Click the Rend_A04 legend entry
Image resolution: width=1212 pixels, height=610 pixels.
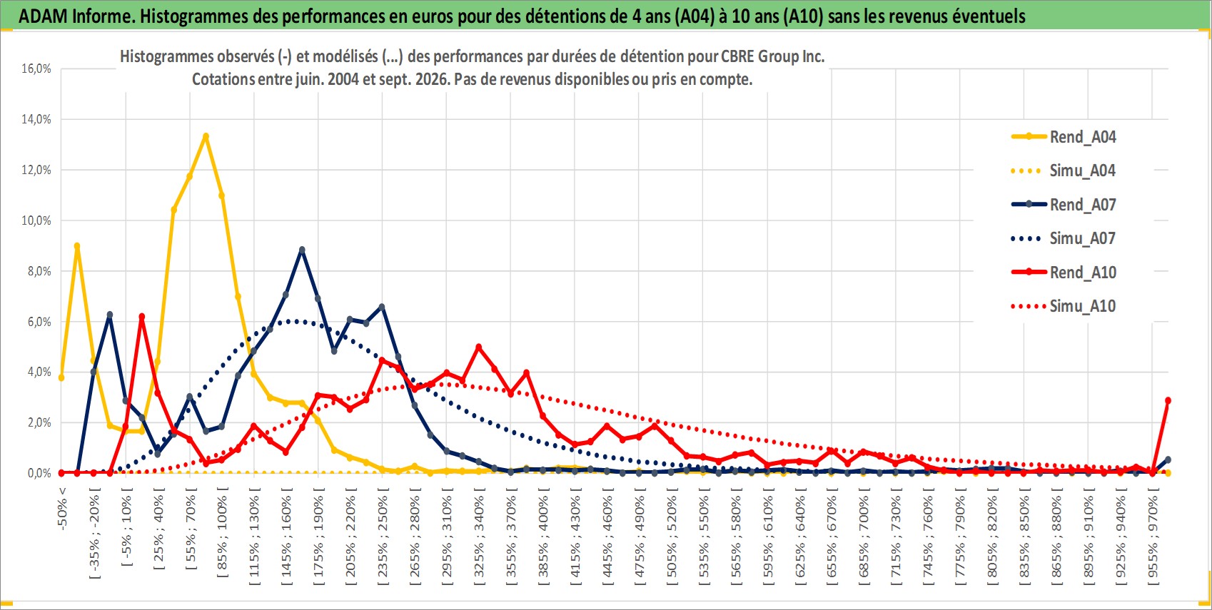coord(1064,137)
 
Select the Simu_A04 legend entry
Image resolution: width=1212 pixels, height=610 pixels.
coord(1064,171)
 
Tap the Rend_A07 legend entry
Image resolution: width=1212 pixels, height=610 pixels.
coord(1064,205)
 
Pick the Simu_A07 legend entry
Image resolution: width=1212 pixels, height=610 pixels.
coord(1064,238)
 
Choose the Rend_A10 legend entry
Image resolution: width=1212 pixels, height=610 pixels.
coord(1064,272)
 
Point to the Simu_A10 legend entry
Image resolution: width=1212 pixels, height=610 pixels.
coord(1064,306)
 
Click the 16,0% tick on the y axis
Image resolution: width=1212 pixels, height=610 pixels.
coord(36,68)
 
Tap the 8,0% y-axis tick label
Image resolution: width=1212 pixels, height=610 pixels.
coord(39,271)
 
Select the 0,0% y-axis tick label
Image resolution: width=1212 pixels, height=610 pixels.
coord(39,473)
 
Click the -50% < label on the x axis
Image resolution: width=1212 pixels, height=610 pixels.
coord(61,508)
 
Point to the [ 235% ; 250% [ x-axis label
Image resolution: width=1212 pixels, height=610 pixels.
coord(383,536)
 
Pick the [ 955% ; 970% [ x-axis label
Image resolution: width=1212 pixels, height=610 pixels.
coord(1153,536)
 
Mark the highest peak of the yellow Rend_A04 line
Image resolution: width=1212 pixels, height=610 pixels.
coord(206,136)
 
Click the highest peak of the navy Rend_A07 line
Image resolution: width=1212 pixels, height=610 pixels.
coord(302,250)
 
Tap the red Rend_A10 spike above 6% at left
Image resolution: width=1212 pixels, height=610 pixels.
coord(142,317)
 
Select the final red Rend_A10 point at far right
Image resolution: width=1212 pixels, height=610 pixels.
coord(1168,401)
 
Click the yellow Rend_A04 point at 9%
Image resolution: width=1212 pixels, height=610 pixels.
coord(77,246)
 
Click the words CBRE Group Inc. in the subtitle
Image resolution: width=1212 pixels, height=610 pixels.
coord(772,56)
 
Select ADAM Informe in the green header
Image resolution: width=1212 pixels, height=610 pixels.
coord(75,16)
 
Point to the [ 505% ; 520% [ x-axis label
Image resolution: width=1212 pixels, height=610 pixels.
coord(672,536)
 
